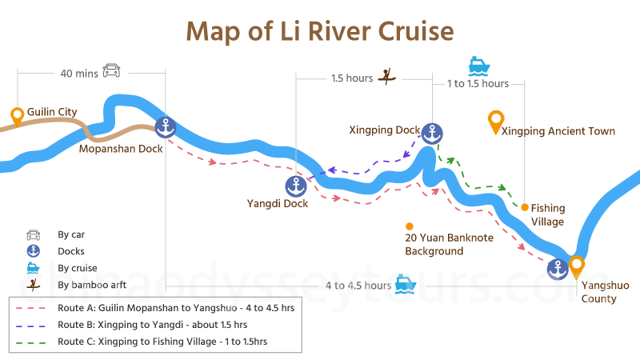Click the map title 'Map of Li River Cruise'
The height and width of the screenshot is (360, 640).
coord(320,31)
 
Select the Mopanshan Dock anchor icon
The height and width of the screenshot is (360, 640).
coord(165,126)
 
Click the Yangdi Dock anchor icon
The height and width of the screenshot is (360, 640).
coord(296,186)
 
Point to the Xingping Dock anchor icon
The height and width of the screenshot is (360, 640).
coord(432,133)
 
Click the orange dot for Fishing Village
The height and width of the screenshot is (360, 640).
coord(525,207)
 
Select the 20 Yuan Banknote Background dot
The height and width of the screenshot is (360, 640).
coord(410,226)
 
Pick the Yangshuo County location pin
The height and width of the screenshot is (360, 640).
coord(576,266)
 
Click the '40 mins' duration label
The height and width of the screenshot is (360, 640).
coord(79,73)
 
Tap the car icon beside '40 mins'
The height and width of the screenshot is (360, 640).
coord(111,71)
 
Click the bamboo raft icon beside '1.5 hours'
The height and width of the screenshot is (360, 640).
coord(388,77)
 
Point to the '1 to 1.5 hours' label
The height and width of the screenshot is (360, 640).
coord(478,83)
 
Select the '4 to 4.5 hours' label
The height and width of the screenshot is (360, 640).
coord(358,286)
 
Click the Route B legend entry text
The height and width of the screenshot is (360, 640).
coord(152,325)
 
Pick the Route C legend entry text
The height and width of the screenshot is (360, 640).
coord(162,342)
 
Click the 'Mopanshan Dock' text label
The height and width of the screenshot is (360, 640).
coord(121,149)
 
